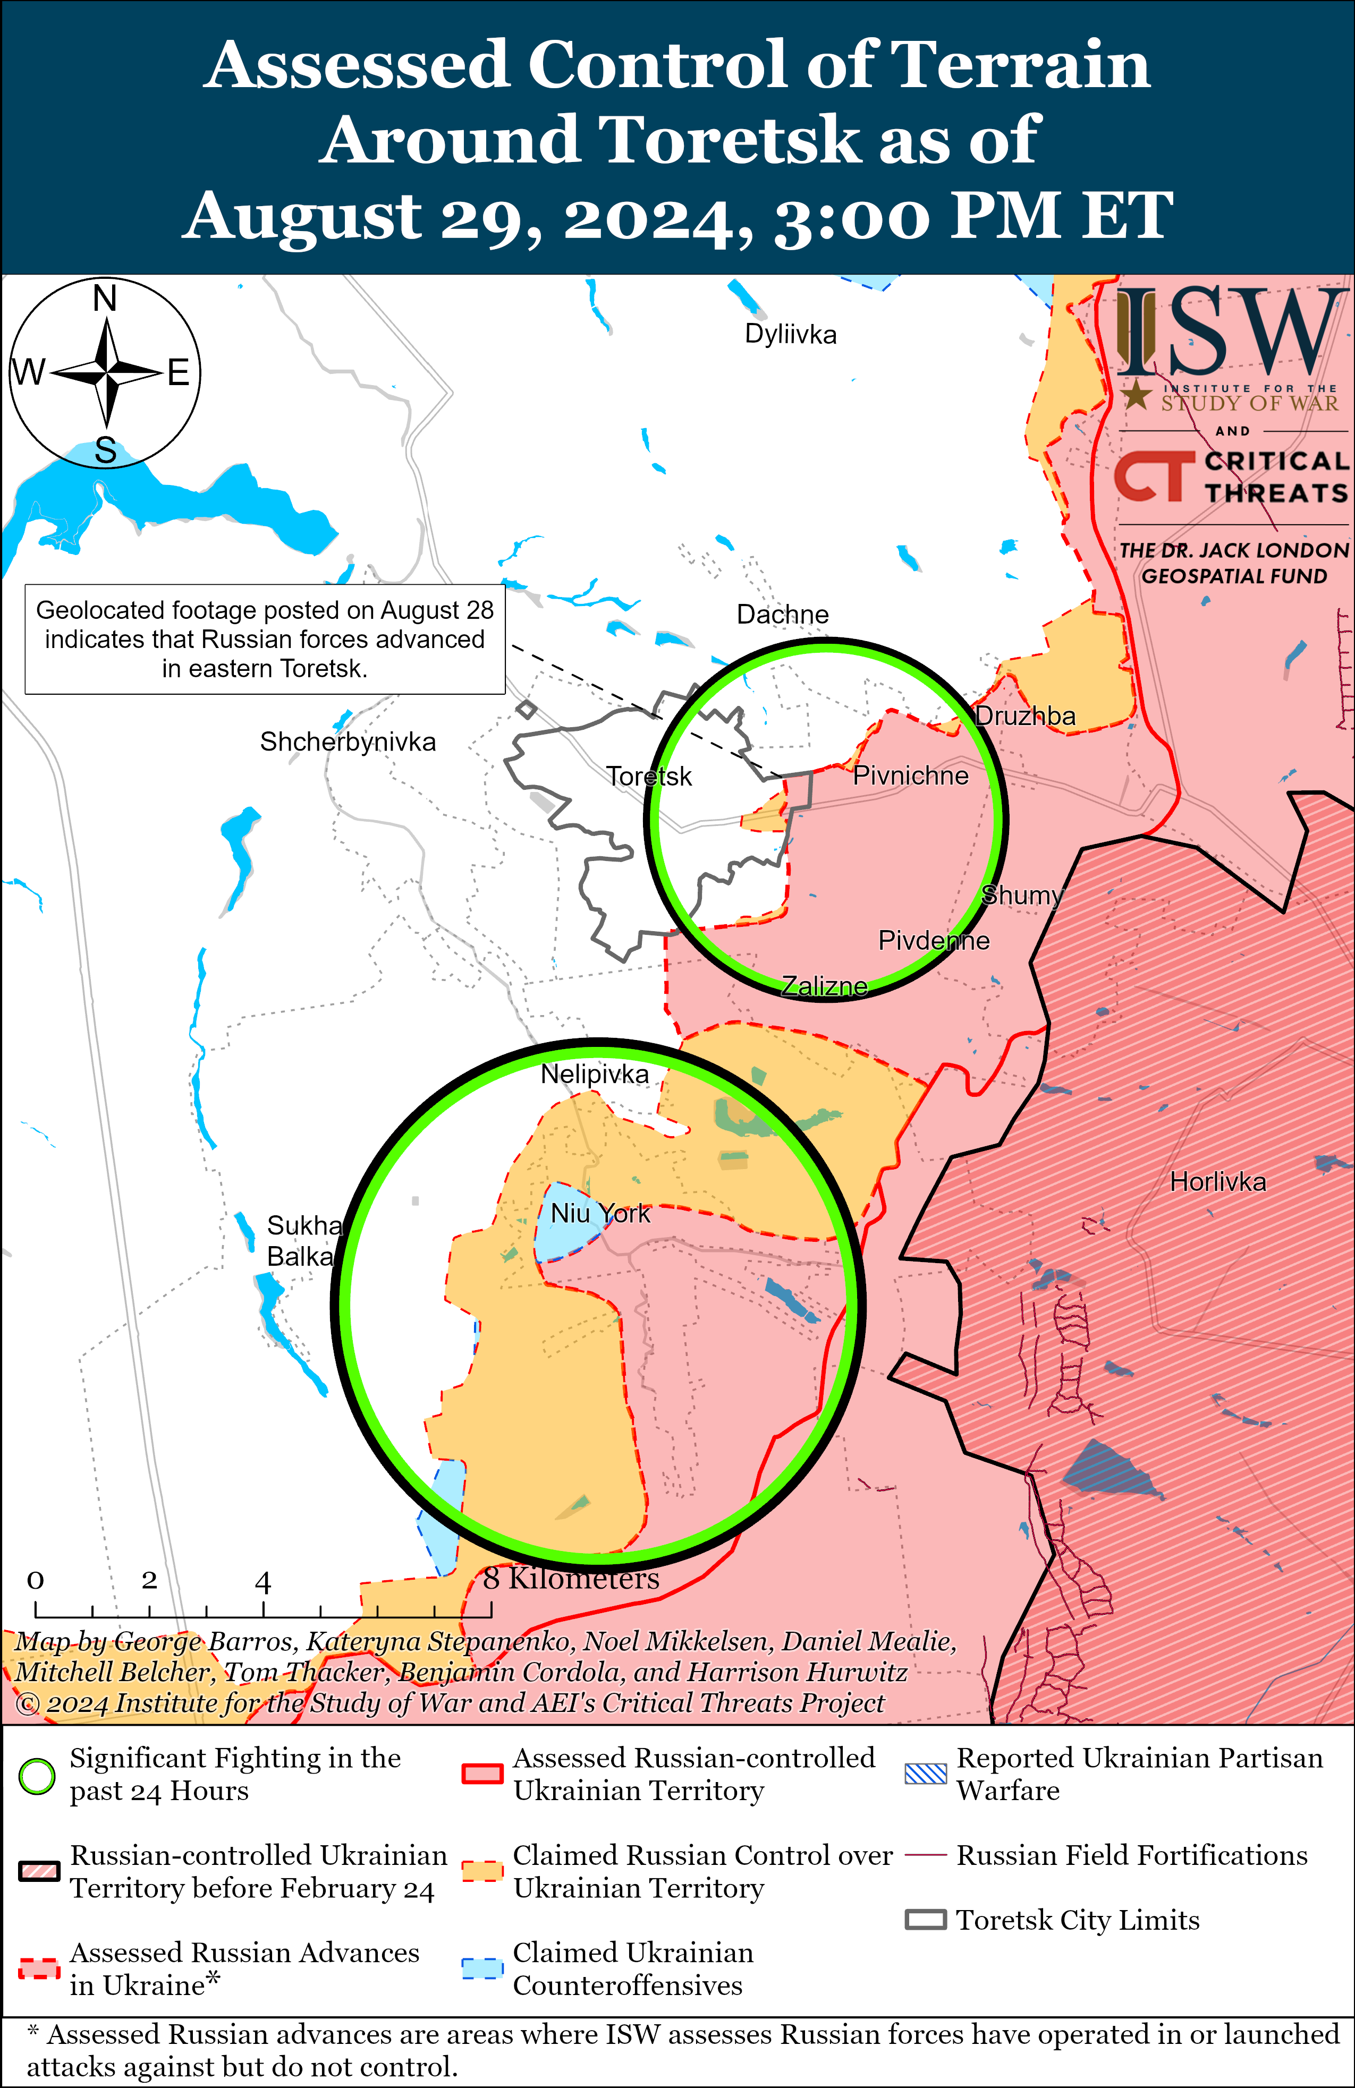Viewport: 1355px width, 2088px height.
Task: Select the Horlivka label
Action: pyautogui.click(x=1217, y=1182)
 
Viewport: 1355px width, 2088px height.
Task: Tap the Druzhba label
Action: pyautogui.click(x=1025, y=716)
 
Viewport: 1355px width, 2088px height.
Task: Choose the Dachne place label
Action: pyautogui.click(x=782, y=614)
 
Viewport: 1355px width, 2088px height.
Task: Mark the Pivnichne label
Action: pyautogui.click(x=910, y=775)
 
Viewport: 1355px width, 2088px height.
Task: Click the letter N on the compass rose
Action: pyautogui.click(x=105, y=299)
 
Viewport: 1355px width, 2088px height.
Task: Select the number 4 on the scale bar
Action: pyautogui.click(x=262, y=1583)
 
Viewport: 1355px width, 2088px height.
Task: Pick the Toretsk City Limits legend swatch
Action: pyautogui.click(x=925, y=1921)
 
